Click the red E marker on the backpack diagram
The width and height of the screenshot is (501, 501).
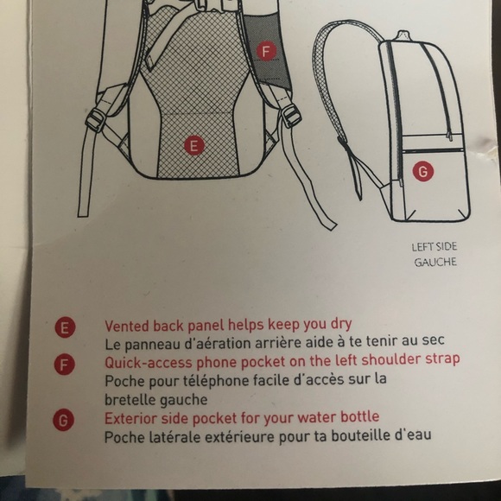[x=193, y=145]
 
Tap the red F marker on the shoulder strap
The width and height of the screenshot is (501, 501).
[x=266, y=51]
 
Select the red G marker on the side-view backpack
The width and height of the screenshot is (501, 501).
[x=422, y=171]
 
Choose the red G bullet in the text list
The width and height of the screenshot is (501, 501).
[x=66, y=421]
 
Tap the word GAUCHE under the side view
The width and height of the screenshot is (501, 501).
[x=435, y=261]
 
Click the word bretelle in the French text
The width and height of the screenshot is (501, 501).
[x=130, y=400]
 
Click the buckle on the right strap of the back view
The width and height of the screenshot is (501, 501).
[x=291, y=114]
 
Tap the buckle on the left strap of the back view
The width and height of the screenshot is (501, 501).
[x=98, y=118]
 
